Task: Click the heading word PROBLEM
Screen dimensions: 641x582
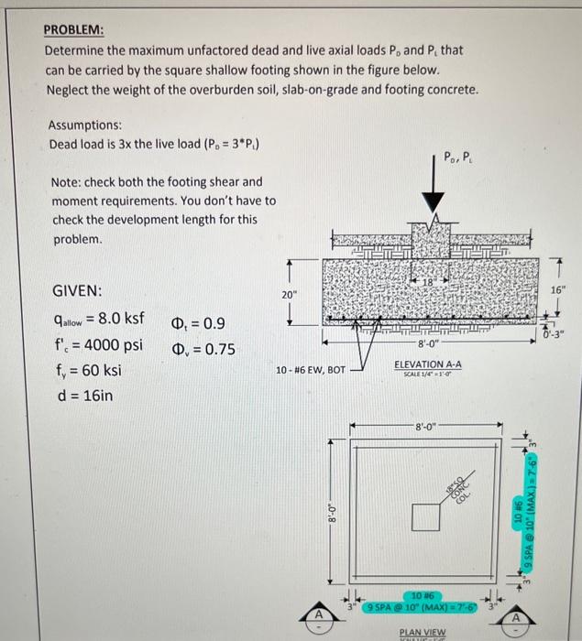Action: point(74,28)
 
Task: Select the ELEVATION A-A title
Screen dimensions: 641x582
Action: point(427,364)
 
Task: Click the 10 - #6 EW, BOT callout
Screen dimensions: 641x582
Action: point(312,371)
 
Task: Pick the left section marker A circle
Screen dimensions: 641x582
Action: point(319,614)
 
